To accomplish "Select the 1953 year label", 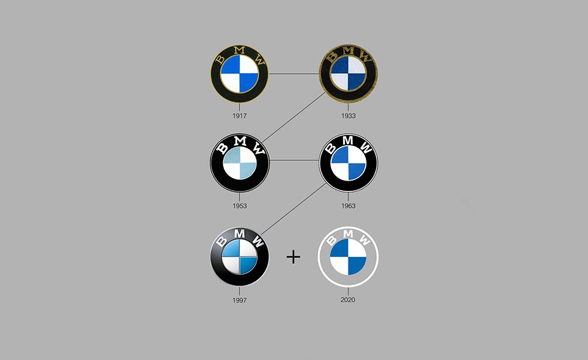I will pyautogui.click(x=240, y=206).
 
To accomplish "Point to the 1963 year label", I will pyautogui.click(x=348, y=206).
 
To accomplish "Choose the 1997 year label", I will pyautogui.click(x=240, y=299).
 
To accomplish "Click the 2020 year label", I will pyautogui.click(x=348, y=299).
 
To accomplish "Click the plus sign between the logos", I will pyautogui.click(x=293, y=257).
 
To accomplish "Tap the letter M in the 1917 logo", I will pyautogui.click(x=240, y=50).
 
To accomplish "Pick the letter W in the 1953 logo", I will pyautogui.click(x=257, y=149).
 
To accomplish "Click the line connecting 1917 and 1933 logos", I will pyautogui.click(x=294, y=74).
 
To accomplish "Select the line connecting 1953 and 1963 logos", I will pyautogui.click(x=294, y=160).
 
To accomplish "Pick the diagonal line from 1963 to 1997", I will pyautogui.click(x=294, y=207).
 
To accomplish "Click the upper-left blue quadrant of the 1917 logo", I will pyautogui.click(x=231, y=66).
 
